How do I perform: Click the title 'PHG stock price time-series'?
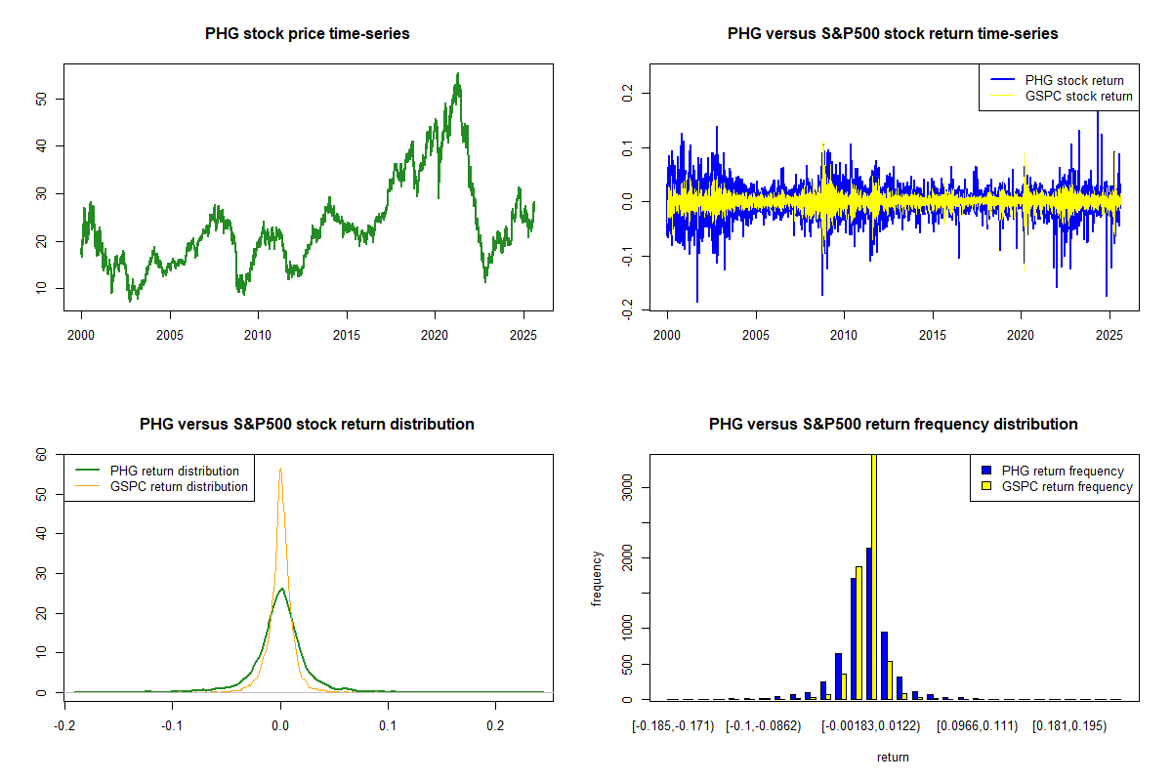tap(307, 34)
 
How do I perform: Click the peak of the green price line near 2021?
tap(457, 73)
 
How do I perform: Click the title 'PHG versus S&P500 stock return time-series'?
tap(893, 34)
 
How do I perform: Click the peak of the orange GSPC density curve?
tap(280, 469)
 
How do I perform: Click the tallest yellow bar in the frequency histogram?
tap(874, 576)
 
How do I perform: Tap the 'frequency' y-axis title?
tap(597, 579)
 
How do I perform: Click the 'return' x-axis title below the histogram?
tap(893, 757)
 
